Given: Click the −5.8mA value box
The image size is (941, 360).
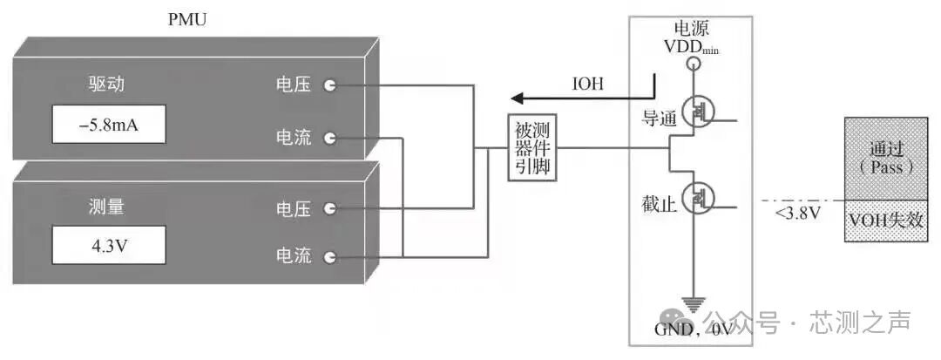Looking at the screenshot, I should pyautogui.click(x=109, y=126).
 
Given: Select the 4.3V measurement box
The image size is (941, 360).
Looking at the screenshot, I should pyautogui.click(x=109, y=247).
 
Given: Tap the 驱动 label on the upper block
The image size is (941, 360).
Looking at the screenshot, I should pyautogui.click(x=108, y=85).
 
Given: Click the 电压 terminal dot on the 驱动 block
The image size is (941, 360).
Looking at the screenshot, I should pyautogui.click(x=329, y=85).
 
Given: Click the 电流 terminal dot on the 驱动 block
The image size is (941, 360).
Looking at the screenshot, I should pyautogui.click(x=329, y=138).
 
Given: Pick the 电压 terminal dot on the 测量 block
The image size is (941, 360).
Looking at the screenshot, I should pyautogui.click(x=329, y=208).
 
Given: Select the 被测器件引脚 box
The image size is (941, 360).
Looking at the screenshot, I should pyautogui.click(x=531, y=147).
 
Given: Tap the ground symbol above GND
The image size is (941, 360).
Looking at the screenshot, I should pyautogui.click(x=693, y=304).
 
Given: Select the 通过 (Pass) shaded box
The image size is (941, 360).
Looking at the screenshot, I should pyautogui.click(x=888, y=158).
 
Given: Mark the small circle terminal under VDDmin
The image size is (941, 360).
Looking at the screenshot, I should pyautogui.click(x=694, y=64).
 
